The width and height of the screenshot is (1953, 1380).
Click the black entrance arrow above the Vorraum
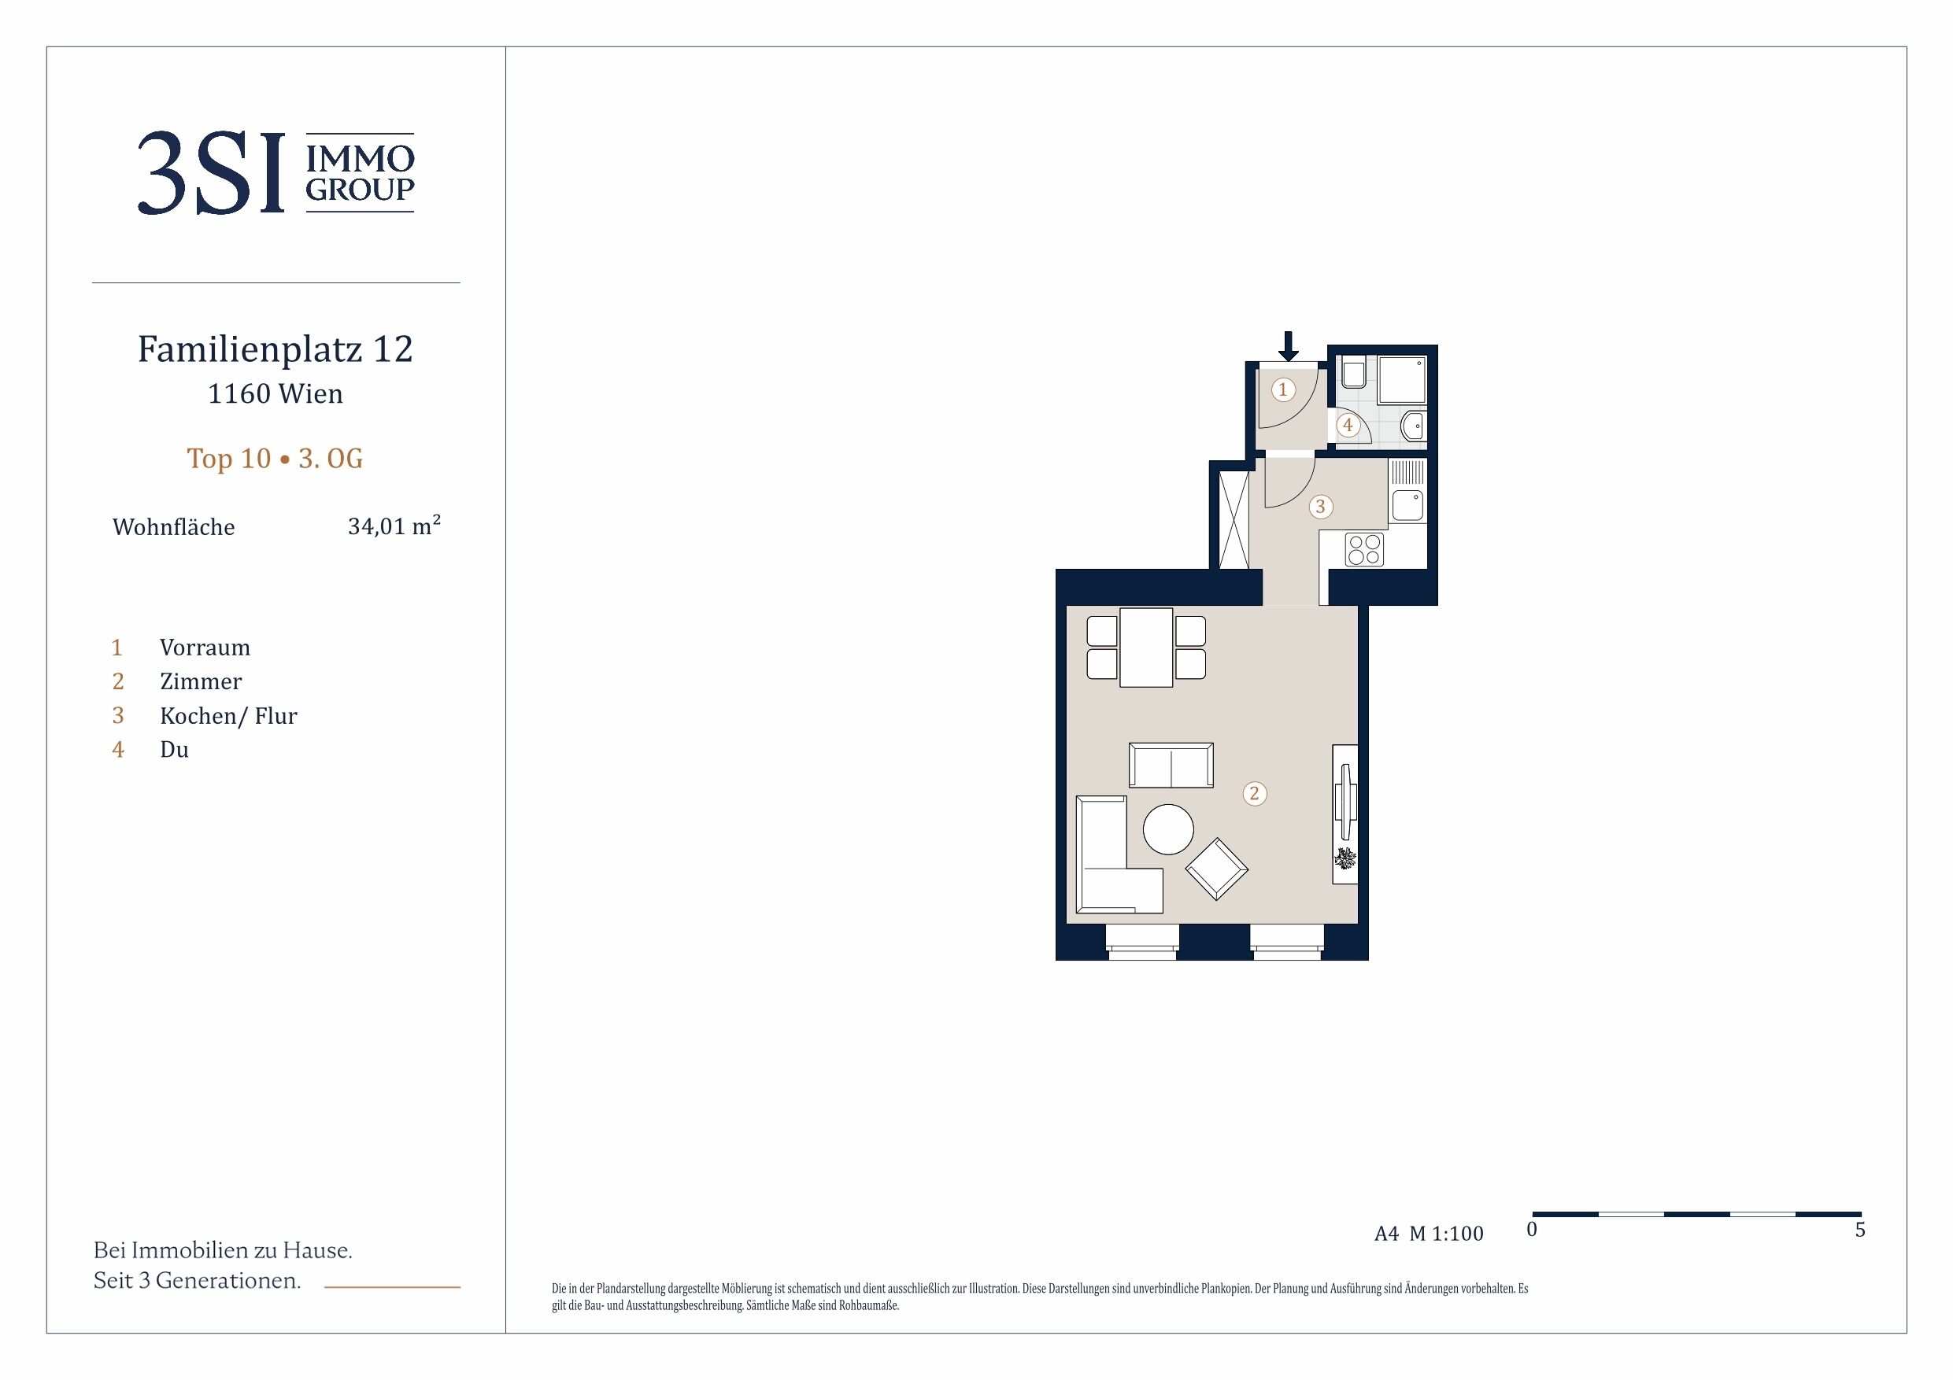[x=1289, y=346]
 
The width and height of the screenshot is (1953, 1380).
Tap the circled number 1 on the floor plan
[x=1283, y=389]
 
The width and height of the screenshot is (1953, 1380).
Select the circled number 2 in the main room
[x=1254, y=794]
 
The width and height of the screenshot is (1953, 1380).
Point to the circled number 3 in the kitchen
[x=1320, y=507]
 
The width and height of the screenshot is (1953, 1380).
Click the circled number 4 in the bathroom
[x=1348, y=425]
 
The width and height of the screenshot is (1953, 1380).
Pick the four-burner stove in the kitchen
[x=1364, y=549]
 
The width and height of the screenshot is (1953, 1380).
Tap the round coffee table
[x=1168, y=829]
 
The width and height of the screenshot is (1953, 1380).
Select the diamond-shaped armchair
[x=1216, y=869]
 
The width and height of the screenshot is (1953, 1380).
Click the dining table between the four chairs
[x=1147, y=647]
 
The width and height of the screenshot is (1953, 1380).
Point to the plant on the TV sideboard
[x=1345, y=858]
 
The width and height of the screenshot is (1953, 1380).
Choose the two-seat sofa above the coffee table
[x=1171, y=766]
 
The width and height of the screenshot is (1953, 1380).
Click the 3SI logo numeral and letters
[x=210, y=173]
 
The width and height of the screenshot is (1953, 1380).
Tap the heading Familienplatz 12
[x=276, y=349]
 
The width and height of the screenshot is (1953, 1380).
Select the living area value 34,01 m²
[x=394, y=526]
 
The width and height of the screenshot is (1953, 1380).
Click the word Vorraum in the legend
[x=205, y=648]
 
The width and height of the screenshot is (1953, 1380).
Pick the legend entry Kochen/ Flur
[x=228, y=716]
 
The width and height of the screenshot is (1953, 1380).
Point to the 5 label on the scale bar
[x=1859, y=1230]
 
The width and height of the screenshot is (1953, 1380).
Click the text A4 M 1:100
[x=1429, y=1234]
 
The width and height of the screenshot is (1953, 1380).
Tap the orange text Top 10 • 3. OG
[x=275, y=459]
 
